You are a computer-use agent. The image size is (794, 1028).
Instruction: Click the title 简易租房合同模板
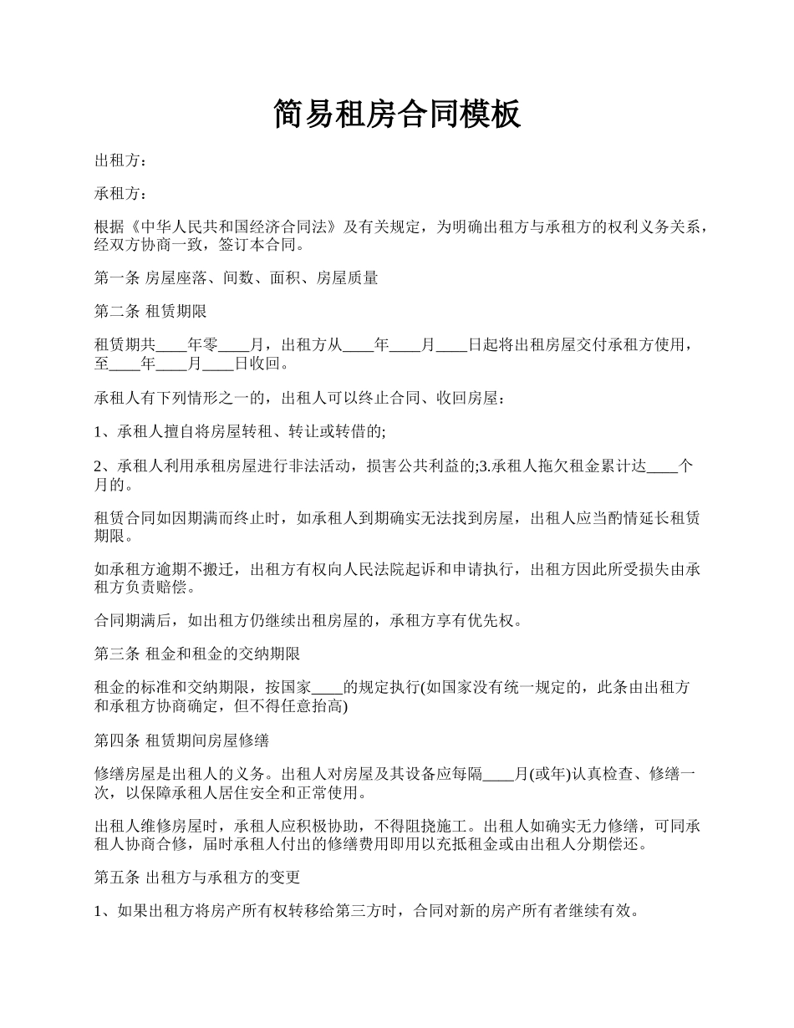[x=397, y=115]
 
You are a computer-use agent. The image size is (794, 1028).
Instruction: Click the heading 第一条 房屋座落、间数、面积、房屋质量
[x=237, y=278]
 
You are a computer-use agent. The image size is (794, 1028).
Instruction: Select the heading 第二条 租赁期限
[x=151, y=312]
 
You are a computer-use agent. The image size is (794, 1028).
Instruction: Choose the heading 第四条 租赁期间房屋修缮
[x=181, y=740]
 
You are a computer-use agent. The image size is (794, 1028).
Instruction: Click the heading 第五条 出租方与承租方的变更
[x=197, y=878]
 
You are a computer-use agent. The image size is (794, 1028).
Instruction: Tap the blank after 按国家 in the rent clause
[x=327, y=688]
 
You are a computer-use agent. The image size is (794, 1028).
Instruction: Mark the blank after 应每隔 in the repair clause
[x=499, y=774]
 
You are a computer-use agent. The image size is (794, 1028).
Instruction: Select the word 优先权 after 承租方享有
[x=499, y=621]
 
